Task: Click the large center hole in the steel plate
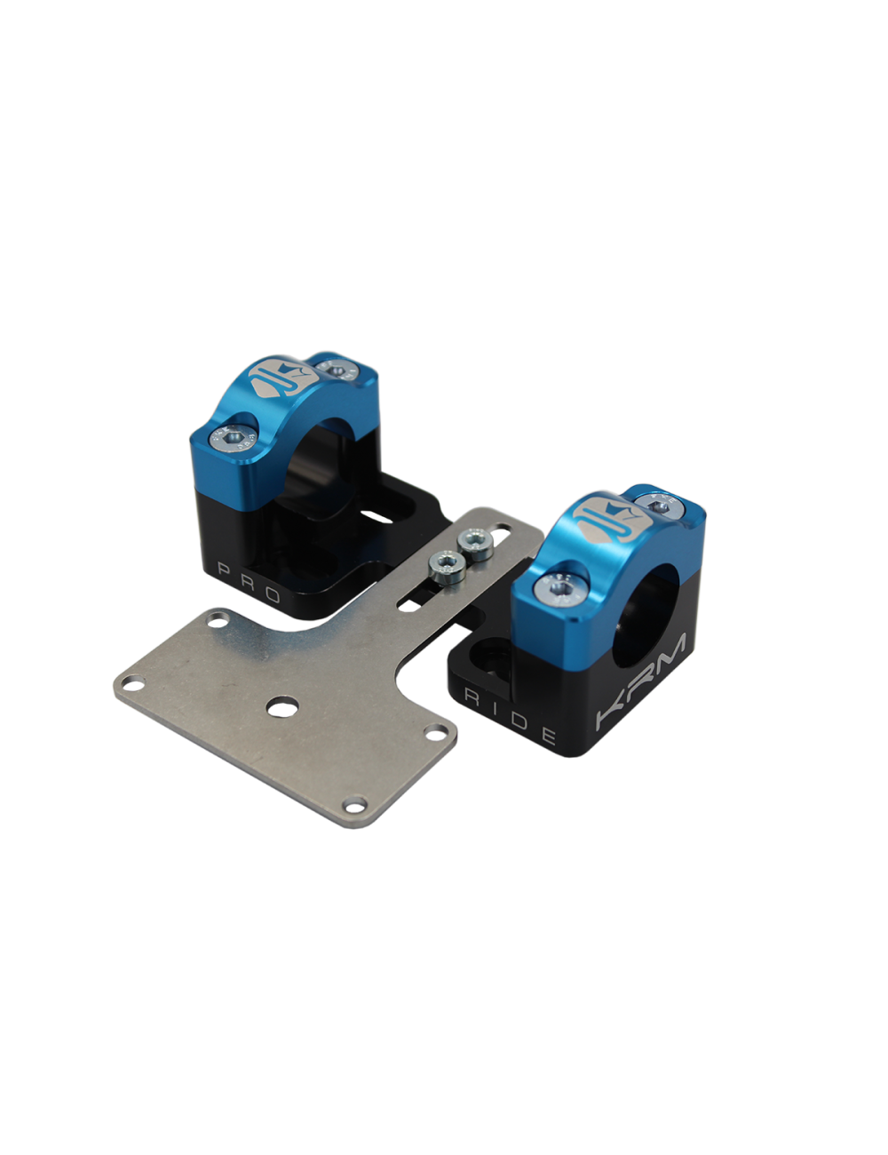282,707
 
